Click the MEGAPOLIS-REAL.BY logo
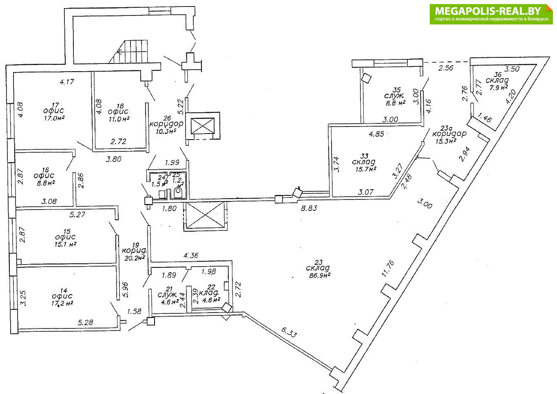pyautogui.click(x=492, y=14)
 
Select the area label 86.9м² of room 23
pyautogui.click(x=318, y=276)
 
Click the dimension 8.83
pyautogui.click(x=309, y=208)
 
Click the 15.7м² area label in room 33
pyautogui.click(x=364, y=169)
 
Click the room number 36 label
pyautogui.click(x=497, y=74)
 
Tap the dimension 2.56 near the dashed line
pyautogui.click(x=445, y=68)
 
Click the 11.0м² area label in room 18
pyautogui.click(x=119, y=118)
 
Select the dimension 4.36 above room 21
pyautogui.click(x=191, y=256)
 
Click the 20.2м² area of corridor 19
pyautogui.click(x=135, y=258)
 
